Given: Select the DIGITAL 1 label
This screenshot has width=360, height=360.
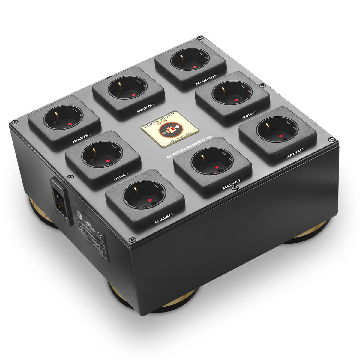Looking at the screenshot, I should tap(121, 176).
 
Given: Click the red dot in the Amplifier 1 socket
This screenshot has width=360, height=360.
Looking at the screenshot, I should tap(70, 124).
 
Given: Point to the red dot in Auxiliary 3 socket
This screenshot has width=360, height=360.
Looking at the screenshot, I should tap(281, 136).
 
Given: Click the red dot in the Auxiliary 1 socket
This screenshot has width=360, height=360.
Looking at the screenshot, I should tap(149, 200).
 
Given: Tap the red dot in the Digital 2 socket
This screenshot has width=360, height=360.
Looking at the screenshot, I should tap(236, 100).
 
